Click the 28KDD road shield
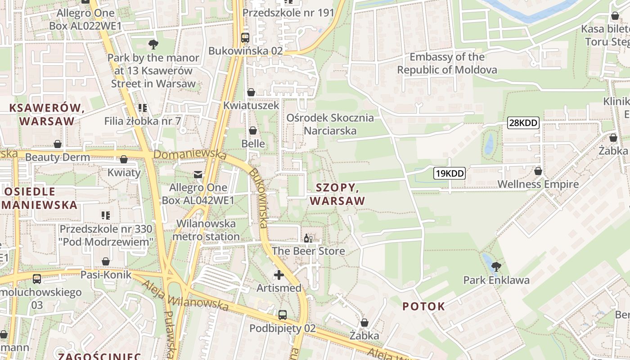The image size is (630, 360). point(523,122)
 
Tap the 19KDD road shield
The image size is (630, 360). point(449,173)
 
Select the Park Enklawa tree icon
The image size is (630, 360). point(496,267)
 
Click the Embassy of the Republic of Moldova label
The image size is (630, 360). point(447,63)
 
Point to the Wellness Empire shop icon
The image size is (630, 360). point(538,171)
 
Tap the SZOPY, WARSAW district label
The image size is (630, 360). point(337,194)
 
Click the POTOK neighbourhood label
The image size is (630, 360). point(423,306)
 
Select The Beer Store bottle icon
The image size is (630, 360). point(308,238)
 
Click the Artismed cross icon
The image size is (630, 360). point(279,274)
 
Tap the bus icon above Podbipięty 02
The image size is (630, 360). point(283,315)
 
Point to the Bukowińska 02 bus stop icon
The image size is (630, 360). point(245,38)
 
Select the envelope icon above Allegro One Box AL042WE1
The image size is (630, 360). point(198,174)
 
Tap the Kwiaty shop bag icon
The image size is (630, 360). point(124,159)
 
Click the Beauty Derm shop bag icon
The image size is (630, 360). point(58,144)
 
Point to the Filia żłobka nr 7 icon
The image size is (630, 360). point(143,108)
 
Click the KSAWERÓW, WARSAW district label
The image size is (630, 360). point(47,114)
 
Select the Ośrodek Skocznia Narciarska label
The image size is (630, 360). point(330,124)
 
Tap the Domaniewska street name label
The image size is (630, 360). point(190,154)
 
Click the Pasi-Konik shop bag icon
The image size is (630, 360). point(106,261)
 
